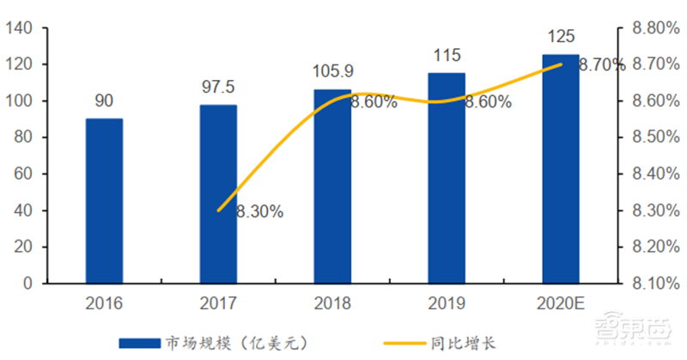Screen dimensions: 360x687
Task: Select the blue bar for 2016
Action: pyautogui.click(x=104, y=201)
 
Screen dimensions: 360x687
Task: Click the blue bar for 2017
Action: pyautogui.click(x=218, y=194)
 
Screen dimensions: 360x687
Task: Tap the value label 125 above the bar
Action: pyautogui.click(x=560, y=37)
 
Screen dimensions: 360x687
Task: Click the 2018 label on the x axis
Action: pyautogui.click(x=332, y=303)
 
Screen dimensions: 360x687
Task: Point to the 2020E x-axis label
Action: pyautogui.click(x=560, y=303)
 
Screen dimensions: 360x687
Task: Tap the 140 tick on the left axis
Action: pyautogui.click(x=18, y=28)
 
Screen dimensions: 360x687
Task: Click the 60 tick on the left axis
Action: pyautogui.click(x=22, y=174)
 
